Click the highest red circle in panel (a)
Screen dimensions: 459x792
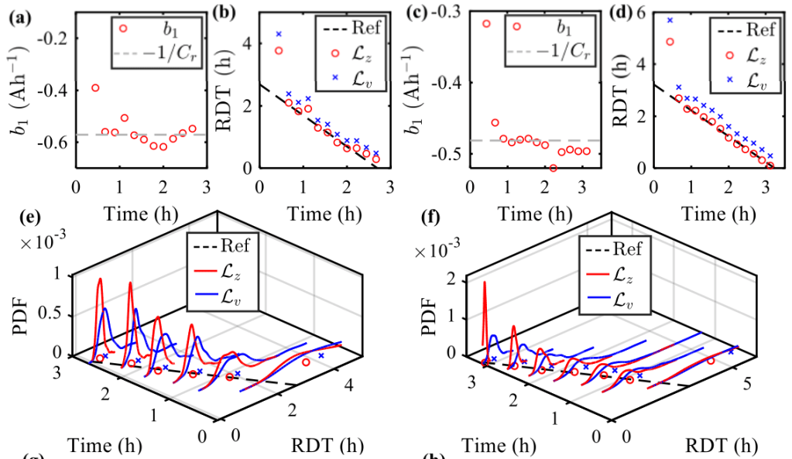click(95, 87)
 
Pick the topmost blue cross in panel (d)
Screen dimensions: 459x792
click(670, 20)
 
